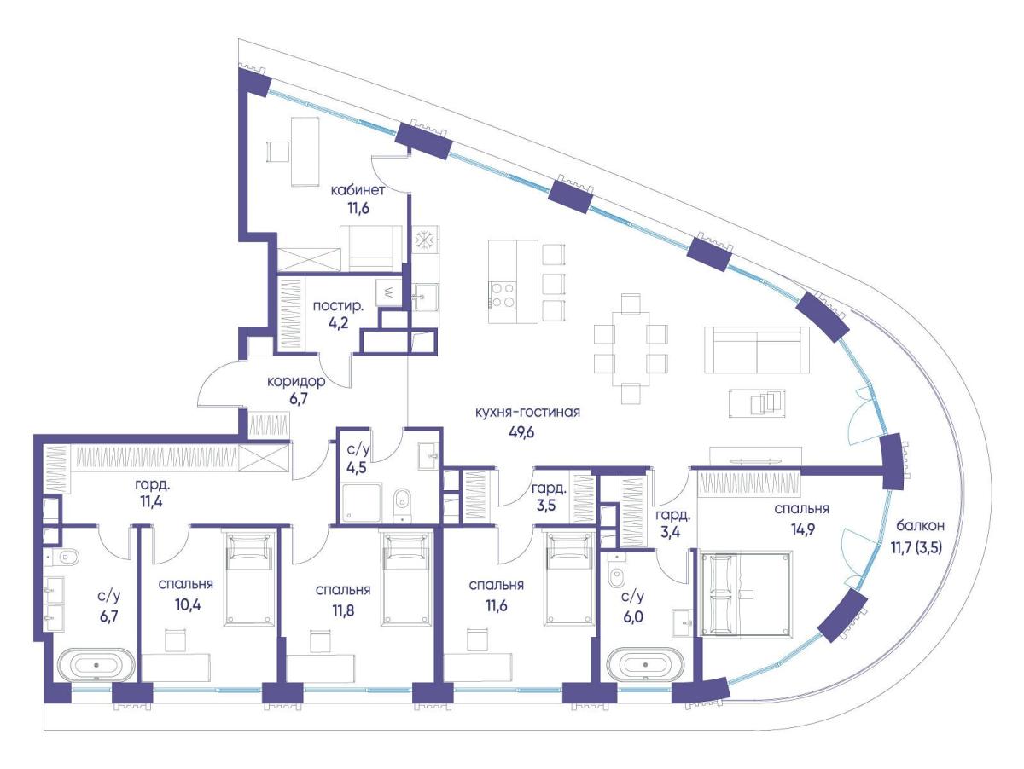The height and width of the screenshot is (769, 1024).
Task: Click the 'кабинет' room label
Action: click(358, 190)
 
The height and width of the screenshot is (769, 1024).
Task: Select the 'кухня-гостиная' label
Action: click(527, 413)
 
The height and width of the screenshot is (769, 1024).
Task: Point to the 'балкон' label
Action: click(920, 526)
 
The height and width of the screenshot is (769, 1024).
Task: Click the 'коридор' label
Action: click(296, 382)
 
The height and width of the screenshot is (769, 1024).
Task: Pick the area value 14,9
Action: click(802, 529)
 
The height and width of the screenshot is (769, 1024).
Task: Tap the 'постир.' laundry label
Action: click(338, 306)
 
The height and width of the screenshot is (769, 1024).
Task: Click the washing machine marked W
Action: click(388, 292)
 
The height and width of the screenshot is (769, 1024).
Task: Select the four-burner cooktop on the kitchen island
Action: click(503, 295)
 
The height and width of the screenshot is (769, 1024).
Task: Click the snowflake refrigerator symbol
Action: click(425, 240)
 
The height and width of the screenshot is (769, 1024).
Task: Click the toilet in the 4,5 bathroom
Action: click(402, 504)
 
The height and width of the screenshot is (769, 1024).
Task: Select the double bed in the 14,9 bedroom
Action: click(746, 593)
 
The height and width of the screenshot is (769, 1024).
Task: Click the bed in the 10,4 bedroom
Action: click(248, 578)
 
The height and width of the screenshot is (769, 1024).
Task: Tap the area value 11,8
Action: click(343, 610)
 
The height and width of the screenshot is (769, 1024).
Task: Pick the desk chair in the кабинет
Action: click(277, 152)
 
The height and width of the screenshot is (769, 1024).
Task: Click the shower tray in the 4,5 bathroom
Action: click(362, 503)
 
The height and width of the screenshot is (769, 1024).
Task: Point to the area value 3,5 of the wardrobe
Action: click(546, 506)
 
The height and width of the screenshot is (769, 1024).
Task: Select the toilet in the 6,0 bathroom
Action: click(617, 572)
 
